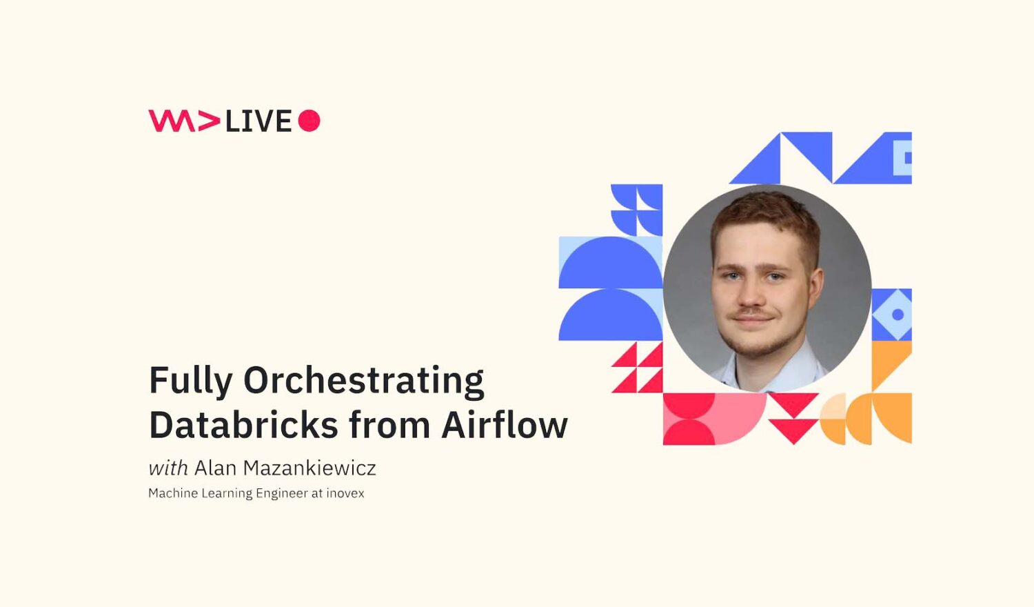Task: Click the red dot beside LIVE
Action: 309,121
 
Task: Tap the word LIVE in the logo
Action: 258,121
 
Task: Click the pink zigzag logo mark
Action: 184,121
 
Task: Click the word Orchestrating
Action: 364,381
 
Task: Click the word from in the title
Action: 389,425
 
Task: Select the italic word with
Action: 168,468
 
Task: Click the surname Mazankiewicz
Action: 310,468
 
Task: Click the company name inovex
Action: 345,493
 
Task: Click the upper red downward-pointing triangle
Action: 793,402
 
